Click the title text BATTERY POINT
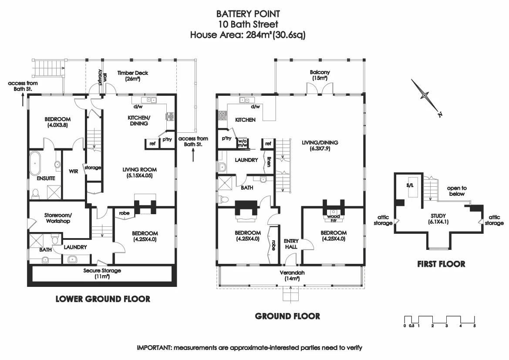tap(248, 14)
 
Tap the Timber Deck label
tap(133, 75)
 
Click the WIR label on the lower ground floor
tap(73, 172)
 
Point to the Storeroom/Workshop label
tap(58, 218)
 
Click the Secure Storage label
tap(102, 273)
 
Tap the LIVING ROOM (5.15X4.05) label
tap(139, 172)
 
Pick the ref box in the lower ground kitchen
tap(152, 144)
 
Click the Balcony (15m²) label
tap(320, 75)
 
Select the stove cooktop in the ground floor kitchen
tap(222, 115)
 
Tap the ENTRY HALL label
tap(291, 244)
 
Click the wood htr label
tap(334, 218)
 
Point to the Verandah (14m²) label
tap(292, 275)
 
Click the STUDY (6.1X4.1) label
tap(438, 218)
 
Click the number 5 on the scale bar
tap(474, 326)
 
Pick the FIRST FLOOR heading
tap(441, 264)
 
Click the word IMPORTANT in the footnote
tap(154, 348)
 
